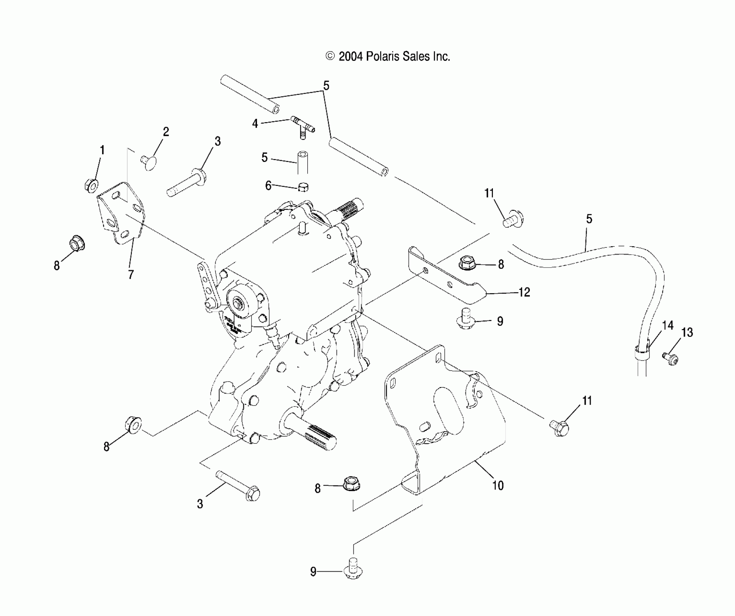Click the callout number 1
(x=102, y=150)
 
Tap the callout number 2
(x=166, y=132)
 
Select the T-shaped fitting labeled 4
(x=302, y=128)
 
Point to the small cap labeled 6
(x=303, y=187)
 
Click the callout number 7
(x=131, y=274)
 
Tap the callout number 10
(x=498, y=486)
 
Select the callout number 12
(x=524, y=292)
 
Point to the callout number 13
(x=687, y=332)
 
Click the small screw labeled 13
(x=671, y=358)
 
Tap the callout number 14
(x=668, y=325)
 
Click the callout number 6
(x=268, y=186)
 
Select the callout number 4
(x=255, y=124)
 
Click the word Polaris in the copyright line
(x=383, y=57)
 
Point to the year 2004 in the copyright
(x=350, y=57)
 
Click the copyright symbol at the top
(x=330, y=56)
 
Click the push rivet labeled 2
(x=148, y=160)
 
